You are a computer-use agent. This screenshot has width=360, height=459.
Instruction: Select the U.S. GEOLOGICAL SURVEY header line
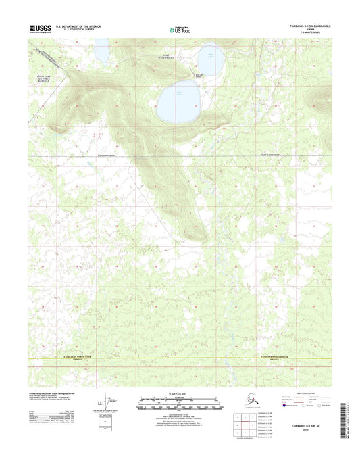[x=85, y=31]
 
